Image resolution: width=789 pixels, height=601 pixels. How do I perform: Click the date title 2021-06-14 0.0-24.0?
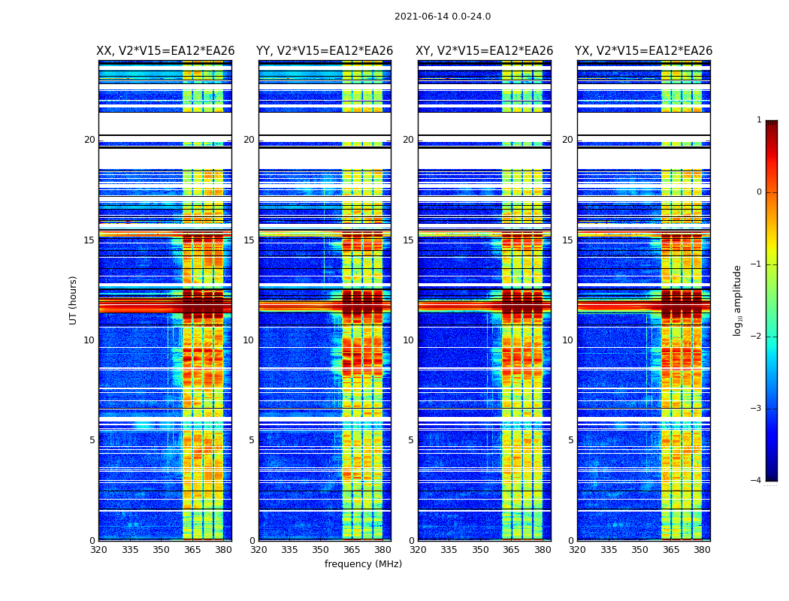click(443, 17)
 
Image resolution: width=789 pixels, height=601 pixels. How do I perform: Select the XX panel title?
click(165, 51)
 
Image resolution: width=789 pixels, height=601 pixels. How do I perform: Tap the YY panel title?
click(325, 51)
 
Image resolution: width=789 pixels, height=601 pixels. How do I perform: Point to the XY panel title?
click(485, 51)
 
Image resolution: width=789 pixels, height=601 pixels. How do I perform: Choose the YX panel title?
click(644, 51)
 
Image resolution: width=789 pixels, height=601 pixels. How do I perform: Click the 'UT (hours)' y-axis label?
click(74, 300)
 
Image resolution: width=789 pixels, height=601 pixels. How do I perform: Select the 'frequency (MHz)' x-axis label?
click(363, 564)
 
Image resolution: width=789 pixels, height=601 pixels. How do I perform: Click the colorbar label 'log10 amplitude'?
click(738, 300)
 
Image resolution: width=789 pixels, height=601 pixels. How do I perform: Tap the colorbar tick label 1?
click(759, 120)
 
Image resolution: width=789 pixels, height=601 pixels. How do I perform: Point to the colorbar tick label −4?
click(757, 481)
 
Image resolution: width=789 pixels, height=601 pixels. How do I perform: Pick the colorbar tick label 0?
click(759, 192)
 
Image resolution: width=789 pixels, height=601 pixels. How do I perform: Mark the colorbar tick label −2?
click(757, 337)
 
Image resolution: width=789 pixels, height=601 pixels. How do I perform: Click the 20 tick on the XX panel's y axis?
click(89, 140)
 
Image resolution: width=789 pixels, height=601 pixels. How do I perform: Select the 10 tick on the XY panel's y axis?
click(408, 340)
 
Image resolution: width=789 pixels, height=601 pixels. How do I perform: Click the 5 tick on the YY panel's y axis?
click(251, 440)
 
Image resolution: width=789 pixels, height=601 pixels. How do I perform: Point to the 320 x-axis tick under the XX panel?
click(98, 550)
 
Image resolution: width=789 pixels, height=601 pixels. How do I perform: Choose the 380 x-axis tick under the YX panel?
click(702, 550)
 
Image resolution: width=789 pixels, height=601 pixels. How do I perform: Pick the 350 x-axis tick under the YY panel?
click(321, 550)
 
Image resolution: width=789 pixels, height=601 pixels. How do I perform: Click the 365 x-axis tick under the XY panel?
click(511, 550)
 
